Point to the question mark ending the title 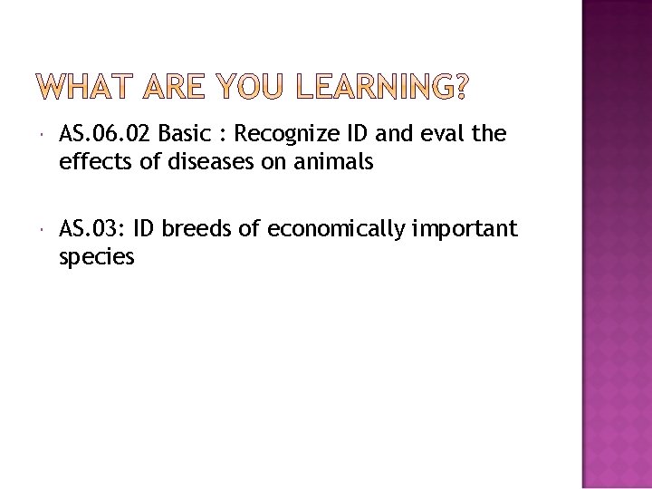[462, 88]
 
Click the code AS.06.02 [105, 136]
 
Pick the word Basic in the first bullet [186, 136]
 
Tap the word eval [444, 136]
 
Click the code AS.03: [91, 229]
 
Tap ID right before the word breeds [145, 229]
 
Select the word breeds [199, 229]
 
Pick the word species [96, 257]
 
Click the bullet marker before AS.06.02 [43, 137]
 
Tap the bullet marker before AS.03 [43, 230]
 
